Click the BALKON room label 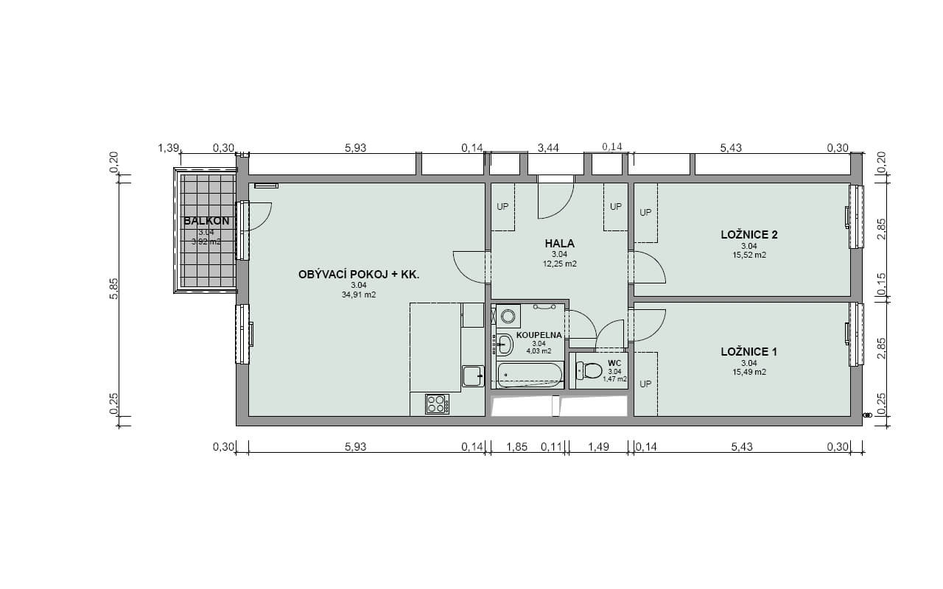click(207, 221)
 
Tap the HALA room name click(559, 244)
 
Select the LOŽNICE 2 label click(749, 235)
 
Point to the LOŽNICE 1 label click(749, 352)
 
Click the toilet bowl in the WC click(589, 370)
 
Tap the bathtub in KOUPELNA click(530, 375)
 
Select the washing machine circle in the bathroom click(508, 317)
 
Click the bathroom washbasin click(504, 345)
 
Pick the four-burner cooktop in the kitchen click(437, 404)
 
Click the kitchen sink click(473, 376)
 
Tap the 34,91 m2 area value click(359, 295)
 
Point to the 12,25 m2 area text click(559, 264)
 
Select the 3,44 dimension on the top click(548, 148)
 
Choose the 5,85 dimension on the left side click(114, 289)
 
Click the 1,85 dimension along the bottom click(516, 447)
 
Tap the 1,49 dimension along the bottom click(598, 447)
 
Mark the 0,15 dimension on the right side click(882, 284)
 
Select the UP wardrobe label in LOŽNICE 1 click(645, 384)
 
